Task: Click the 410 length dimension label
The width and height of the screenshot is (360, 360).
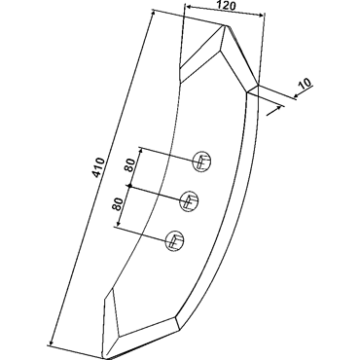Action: tap(99, 167)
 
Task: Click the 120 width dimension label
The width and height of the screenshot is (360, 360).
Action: tap(225, 6)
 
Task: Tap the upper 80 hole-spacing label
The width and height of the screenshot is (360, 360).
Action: tap(128, 164)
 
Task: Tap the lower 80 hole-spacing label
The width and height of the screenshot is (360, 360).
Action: tap(119, 204)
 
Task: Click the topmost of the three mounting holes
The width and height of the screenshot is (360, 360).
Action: tap(202, 161)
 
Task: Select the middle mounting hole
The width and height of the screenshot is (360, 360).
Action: tap(189, 201)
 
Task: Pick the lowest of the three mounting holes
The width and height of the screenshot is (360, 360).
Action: tap(175, 241)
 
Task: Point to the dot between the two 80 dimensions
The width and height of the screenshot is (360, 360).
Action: tap(129, 186)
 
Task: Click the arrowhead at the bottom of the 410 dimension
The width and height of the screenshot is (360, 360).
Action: tap(52, 342)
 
